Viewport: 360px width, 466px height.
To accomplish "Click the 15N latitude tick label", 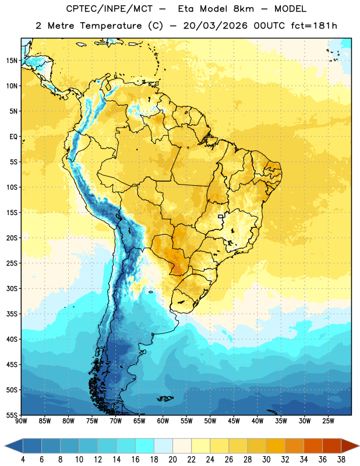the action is (x=12, y=61).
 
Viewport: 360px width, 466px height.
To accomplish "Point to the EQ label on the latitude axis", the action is (x=13, y=137).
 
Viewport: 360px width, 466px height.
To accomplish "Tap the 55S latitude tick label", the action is (x=12, y=415).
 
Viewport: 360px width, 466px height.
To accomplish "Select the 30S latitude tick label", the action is (x=12, y=288).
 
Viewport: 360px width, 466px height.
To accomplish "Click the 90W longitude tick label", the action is (x=21, y=421).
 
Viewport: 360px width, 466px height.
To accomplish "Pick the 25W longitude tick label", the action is (x=328, y=421).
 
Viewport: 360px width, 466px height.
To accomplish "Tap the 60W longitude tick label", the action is (x=163, y=421).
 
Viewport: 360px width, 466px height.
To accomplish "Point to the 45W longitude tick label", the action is (x=234, y=421).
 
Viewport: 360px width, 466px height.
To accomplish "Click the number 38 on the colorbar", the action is (x=341, y=460).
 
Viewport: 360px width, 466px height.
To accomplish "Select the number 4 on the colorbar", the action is (x=23, y=460).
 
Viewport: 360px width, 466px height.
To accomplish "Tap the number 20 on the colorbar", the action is (x=172, y=460).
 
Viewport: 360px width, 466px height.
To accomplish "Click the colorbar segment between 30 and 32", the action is (x=276, y=446).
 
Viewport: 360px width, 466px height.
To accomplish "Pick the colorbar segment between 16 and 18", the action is (x=144, y=446).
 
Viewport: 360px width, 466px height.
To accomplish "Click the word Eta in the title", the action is (x=186, y=9).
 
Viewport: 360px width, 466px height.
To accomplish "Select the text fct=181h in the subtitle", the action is (x=314, y=26).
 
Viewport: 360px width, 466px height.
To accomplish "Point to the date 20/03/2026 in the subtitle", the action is (x=215, y=26).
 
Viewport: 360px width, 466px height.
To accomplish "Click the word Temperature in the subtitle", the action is (x=111, y=26).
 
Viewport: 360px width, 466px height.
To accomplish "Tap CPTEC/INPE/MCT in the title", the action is (x=109, y=9).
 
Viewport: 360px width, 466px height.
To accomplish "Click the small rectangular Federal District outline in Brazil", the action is (x=221, y=217).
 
